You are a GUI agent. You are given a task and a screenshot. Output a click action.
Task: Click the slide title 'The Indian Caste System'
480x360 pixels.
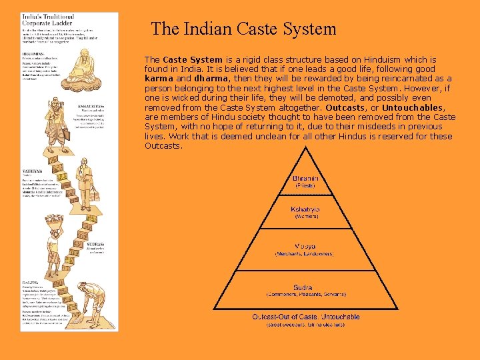coord(243,29)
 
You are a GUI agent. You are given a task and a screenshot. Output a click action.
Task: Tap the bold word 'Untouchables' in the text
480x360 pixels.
coord(413,107)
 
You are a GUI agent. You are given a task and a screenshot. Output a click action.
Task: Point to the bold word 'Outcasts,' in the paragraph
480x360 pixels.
coord(345,107)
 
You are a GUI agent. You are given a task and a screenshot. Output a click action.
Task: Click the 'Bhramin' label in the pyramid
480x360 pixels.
coord(305,178)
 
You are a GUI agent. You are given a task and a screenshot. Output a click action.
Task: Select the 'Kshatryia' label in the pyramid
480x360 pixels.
coord(305,209)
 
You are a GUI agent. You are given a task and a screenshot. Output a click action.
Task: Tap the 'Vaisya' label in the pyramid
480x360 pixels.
coord(305,247)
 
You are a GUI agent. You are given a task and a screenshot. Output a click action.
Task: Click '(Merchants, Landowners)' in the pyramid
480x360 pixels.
coord(305,254)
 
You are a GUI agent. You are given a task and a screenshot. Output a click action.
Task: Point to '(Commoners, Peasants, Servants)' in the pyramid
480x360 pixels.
coord(305,295)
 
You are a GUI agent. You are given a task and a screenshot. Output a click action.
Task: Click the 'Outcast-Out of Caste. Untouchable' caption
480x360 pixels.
coord(306,317)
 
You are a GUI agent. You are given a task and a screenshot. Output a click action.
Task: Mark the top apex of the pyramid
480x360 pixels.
coord(306,149)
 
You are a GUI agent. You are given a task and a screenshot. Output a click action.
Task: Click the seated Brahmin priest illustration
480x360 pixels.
coord(87,67)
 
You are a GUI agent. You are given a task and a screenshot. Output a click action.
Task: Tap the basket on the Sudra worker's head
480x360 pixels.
coord(53,219)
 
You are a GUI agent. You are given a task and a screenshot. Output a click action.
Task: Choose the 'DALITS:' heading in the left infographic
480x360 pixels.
coord(30,283)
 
